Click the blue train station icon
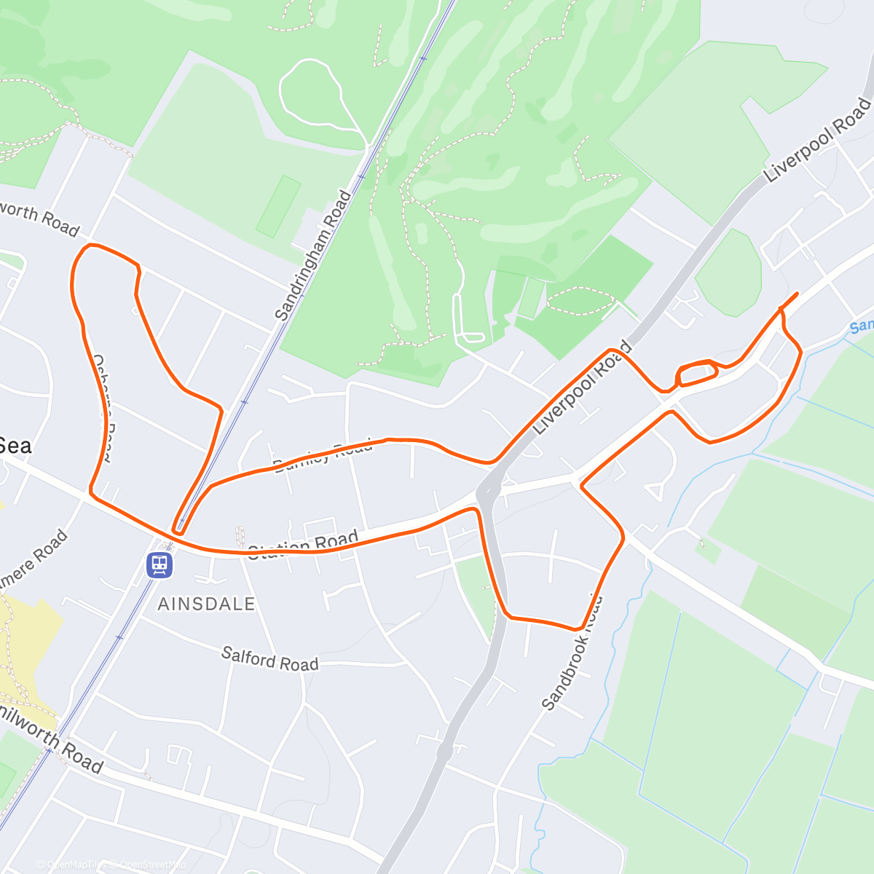click(160, 564)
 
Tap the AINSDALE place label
click(206, 604)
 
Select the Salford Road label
click(270, 658)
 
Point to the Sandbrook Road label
click(572, 653)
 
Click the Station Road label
click(303, 545)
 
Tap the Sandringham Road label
click(314, 255)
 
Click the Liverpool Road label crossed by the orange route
click(581, 390)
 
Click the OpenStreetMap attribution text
click(153, 865)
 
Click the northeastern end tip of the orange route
click(797, 294)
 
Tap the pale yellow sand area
click(29, 641)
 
